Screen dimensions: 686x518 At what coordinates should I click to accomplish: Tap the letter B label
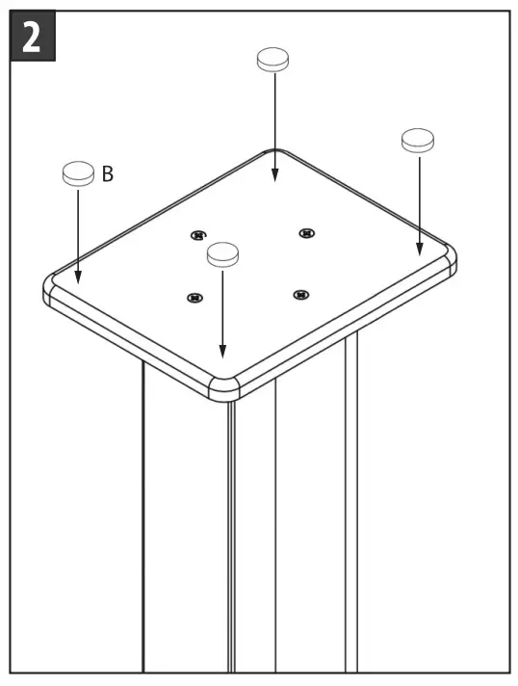[108, 174]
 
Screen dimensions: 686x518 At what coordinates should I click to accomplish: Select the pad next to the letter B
[77, 173]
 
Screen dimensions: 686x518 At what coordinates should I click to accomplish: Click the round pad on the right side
[419, 140]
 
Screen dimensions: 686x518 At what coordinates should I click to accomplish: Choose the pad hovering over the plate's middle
[222, 253]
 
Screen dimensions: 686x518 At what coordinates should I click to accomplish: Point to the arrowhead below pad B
[78, 277]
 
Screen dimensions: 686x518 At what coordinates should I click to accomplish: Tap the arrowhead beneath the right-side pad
[419, 250]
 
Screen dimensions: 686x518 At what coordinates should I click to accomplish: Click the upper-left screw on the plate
[197, 234]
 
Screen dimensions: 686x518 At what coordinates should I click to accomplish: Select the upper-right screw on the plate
[306, 232]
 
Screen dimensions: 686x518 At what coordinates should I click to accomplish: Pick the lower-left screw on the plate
[194, 298]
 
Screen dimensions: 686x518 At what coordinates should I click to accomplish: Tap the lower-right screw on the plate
[300, 294]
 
